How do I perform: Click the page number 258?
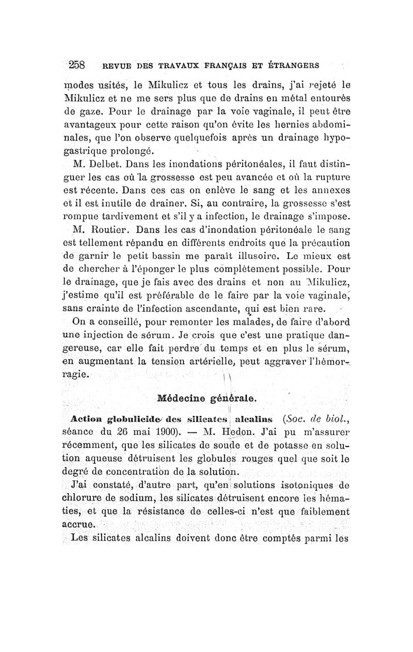pyautogui.click(x=81, y=66)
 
